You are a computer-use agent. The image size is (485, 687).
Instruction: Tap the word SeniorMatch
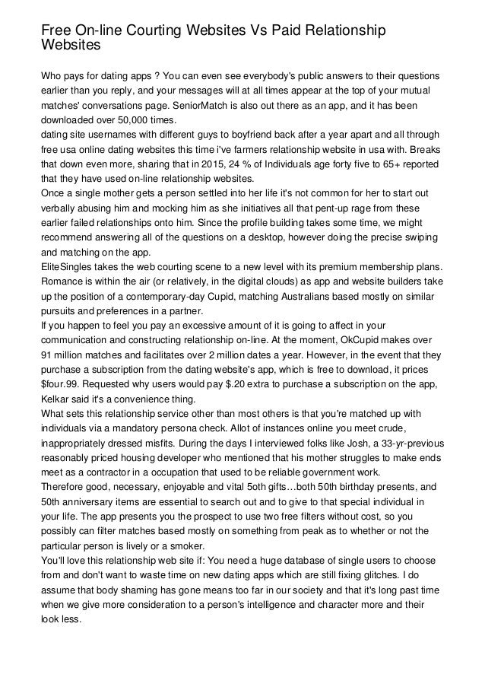224,106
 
